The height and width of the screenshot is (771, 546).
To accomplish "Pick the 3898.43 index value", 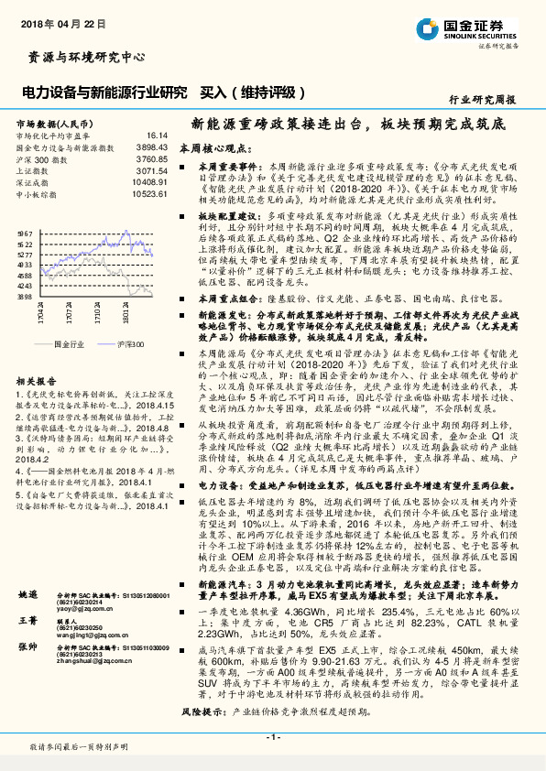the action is [152, 146].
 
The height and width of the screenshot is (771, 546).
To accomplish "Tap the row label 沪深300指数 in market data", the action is [39, 158].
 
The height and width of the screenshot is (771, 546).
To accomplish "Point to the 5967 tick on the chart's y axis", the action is [25, 233].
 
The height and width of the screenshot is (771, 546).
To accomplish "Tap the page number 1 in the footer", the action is [272, 736].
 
